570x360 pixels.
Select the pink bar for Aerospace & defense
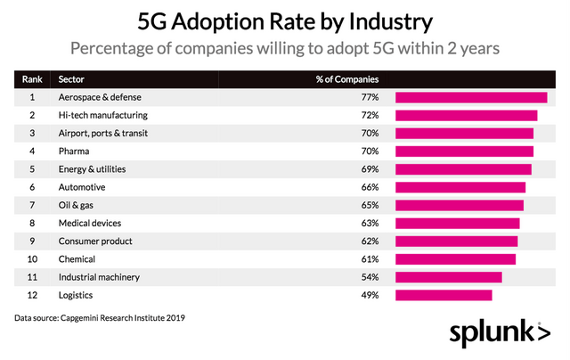coord(471,97)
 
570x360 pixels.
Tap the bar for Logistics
coord(444,295)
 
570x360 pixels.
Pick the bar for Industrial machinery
coord(449,277)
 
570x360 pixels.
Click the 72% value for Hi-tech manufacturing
coord(370,115)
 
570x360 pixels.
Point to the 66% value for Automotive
coord(370,187)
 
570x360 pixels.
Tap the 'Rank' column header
coord(32,78)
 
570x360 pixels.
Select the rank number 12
coord(32,295)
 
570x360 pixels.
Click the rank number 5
coord(32,169)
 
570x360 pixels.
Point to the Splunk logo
coord(499,332)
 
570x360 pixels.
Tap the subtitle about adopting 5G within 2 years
coord(285,47)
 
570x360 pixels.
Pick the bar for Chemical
coord(455,259)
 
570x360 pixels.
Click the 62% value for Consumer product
coord(370,241)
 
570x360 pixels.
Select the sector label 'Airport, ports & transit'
coord(106,133)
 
